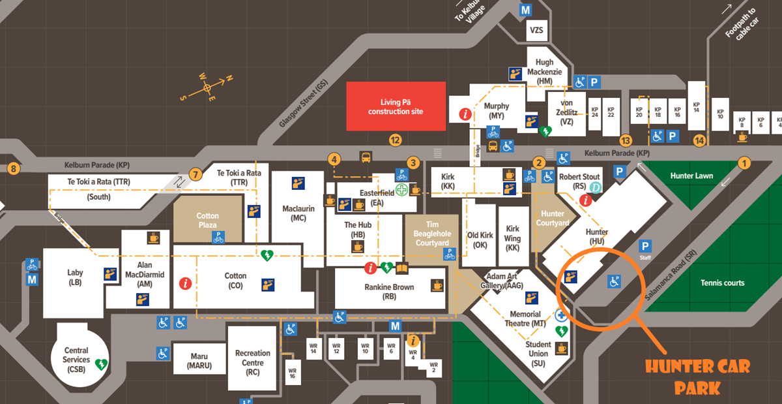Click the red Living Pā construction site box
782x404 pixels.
click(396, 106)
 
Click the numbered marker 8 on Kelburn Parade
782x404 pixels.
click(13, 169)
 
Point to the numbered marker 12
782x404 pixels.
click(394, 139)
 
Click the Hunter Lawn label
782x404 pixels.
click(691, 176)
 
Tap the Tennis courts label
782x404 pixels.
click(722, 283)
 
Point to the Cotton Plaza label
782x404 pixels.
click(208, 220)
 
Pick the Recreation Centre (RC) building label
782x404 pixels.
click(253, 363)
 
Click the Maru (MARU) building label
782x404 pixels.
click(199, 360)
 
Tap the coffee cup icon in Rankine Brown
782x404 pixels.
click(437, 285)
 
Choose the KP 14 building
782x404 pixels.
click(697, 107)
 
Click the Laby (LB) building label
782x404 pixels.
click(75, 277)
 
